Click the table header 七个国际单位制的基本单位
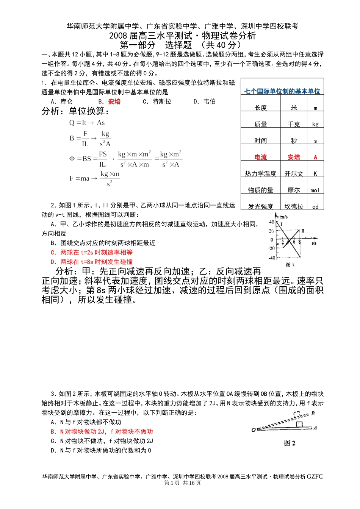[x=282, y=91]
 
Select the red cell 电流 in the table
[x=261, y=157]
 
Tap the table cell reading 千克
[x=294, y=124]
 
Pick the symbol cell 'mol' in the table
[x=315, y=190]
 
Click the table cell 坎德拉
[x=294, y=206]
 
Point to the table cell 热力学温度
[x=261, y=173]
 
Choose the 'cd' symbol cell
[x=315, y=207]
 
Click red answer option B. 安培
[x=110, y=101]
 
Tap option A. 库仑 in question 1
[x=62, y=101]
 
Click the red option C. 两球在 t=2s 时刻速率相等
[x=92, y=252]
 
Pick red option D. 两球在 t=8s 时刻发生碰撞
[x=92, y=262]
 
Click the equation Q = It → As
[x=87, y=123]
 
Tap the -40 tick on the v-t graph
[x=272, y=258]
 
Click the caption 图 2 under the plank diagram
[x=290, y=443]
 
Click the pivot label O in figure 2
[x=254, y=430]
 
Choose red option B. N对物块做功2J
[x=102, y=431]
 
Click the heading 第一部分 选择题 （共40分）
[x=180, y=45]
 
